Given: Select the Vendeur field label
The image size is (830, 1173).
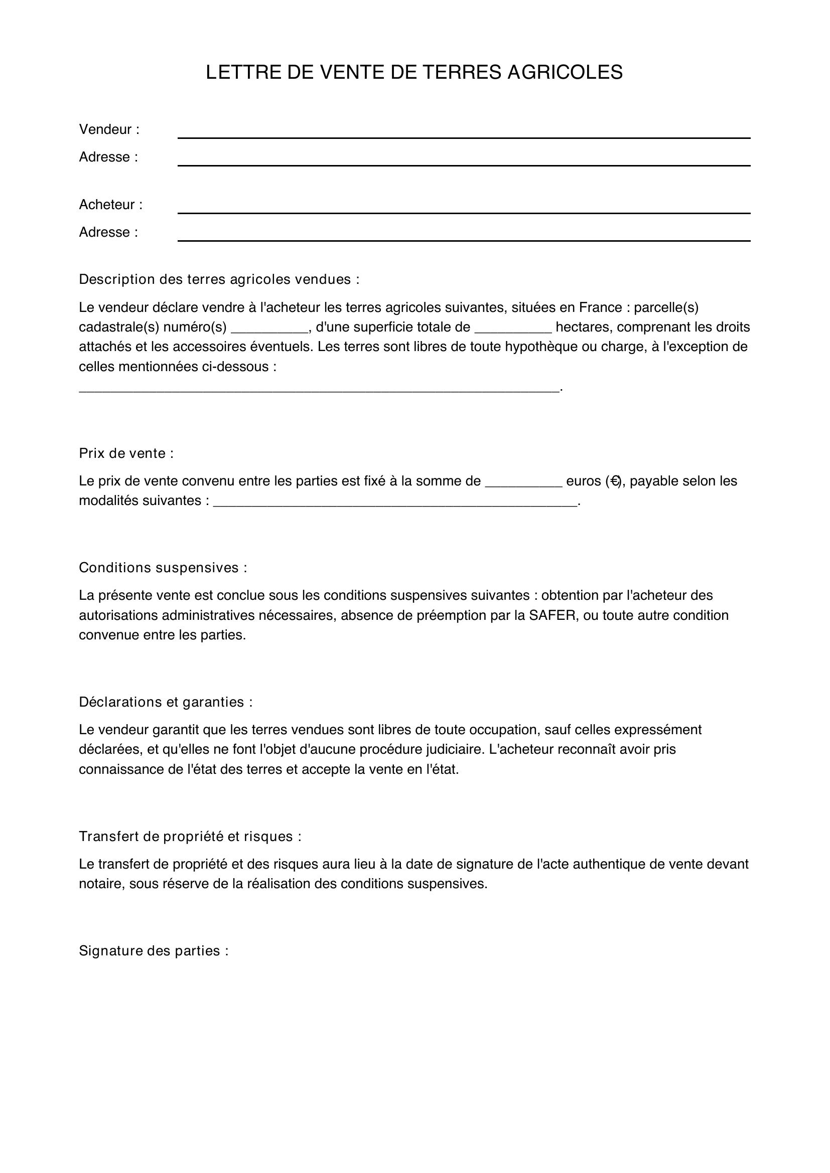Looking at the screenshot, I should (109, 130).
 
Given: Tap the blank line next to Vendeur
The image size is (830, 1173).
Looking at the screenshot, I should (464, 134).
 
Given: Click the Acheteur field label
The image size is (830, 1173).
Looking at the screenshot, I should (110, 205).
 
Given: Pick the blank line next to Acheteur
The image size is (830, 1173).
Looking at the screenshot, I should (464, 209).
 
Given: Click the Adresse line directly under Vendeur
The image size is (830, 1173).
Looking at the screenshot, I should (464, 161).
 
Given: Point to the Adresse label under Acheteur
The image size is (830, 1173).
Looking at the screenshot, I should (108, 233).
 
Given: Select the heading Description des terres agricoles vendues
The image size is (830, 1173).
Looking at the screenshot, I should (219, 279).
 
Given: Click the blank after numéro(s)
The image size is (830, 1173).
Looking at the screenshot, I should (269, 328).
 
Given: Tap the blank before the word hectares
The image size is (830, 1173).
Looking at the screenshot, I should (513, 328).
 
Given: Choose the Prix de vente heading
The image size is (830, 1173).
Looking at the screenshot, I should (126, 454).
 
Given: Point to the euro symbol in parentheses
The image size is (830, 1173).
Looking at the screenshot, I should (615, 481).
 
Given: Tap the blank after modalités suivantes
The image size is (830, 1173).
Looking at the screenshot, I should (394, 501).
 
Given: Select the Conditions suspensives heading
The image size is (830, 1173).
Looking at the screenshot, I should (163, 568).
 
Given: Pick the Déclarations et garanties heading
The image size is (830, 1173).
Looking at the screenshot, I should (165, 703).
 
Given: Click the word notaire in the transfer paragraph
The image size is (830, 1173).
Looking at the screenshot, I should (101, 884).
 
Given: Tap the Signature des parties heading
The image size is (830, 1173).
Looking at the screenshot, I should (154, 951).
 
